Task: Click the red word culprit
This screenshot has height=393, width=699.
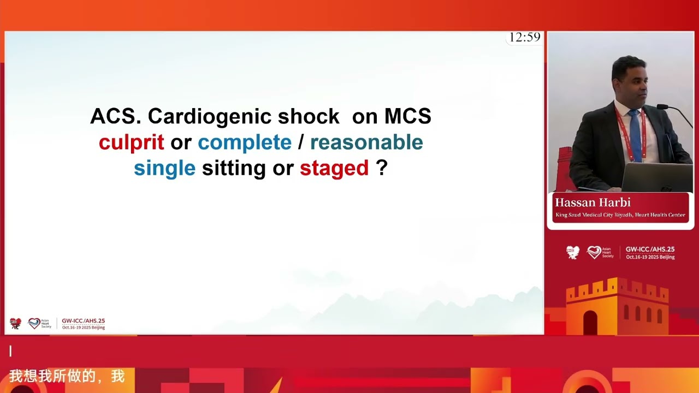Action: pos(131,142)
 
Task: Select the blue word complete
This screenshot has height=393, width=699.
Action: pos(244,142)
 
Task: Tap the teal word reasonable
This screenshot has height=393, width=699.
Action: pos(366,142)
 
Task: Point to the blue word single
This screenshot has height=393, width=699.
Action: pos(164,168)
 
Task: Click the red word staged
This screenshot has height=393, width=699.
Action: pos(334,168)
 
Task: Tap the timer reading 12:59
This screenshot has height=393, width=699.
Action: pos(524,37)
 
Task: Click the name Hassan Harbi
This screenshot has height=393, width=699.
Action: pos(593,203)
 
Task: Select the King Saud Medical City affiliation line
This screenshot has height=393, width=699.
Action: pos(620,215)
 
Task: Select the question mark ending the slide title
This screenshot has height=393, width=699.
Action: pos(382,168)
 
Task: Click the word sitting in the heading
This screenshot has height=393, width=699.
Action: pos(234,168)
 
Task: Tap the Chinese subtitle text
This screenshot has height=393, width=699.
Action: pos(67,376)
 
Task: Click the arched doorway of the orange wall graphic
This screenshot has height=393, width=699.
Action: pos(590,323)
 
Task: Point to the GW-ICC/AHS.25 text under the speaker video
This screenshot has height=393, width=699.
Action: pos(650,249)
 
